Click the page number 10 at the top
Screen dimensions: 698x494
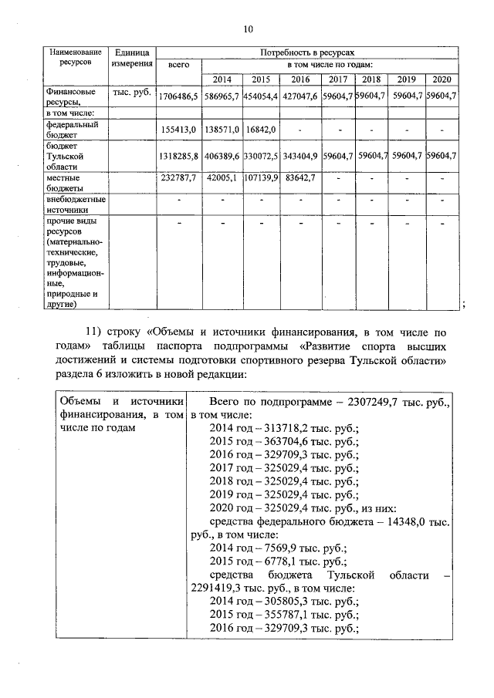(247, 30)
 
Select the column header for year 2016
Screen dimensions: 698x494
(299, 79)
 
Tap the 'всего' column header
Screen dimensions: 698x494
(178, 66)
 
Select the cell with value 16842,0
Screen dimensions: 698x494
(259, 130)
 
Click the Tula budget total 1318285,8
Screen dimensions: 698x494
(178, 156)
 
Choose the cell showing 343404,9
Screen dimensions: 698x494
(299, 156)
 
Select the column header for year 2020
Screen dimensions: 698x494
(442, 79)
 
